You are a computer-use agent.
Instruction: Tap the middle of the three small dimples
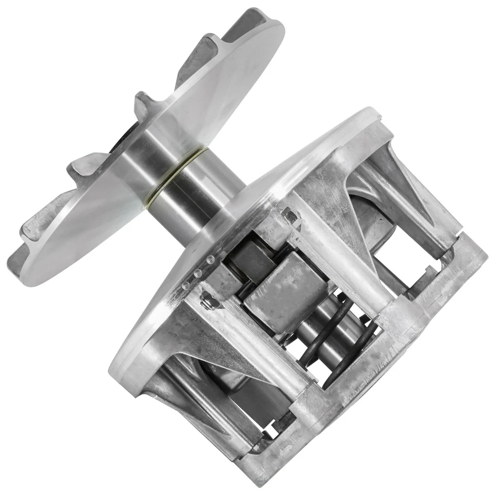click(x=198, y=272)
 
